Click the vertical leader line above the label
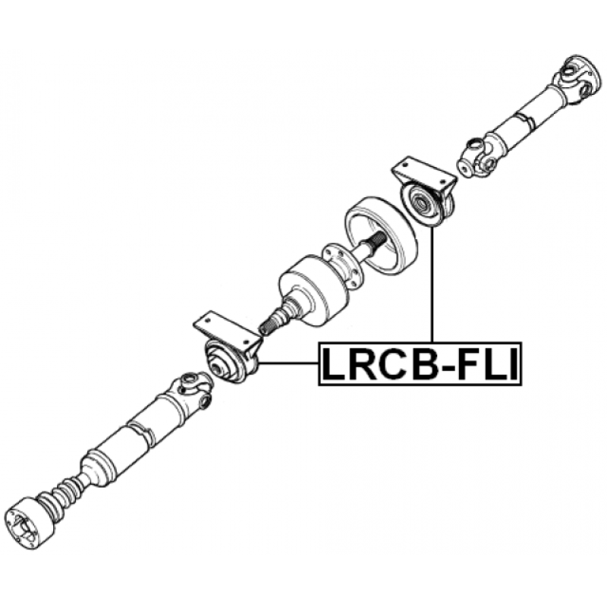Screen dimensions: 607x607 pyautogui.click(x=432, y=288)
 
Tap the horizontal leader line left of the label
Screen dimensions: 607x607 pyautogui.click(x=288, y=363)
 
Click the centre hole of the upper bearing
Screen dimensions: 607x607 pyautogui.click(x=418, y=203)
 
